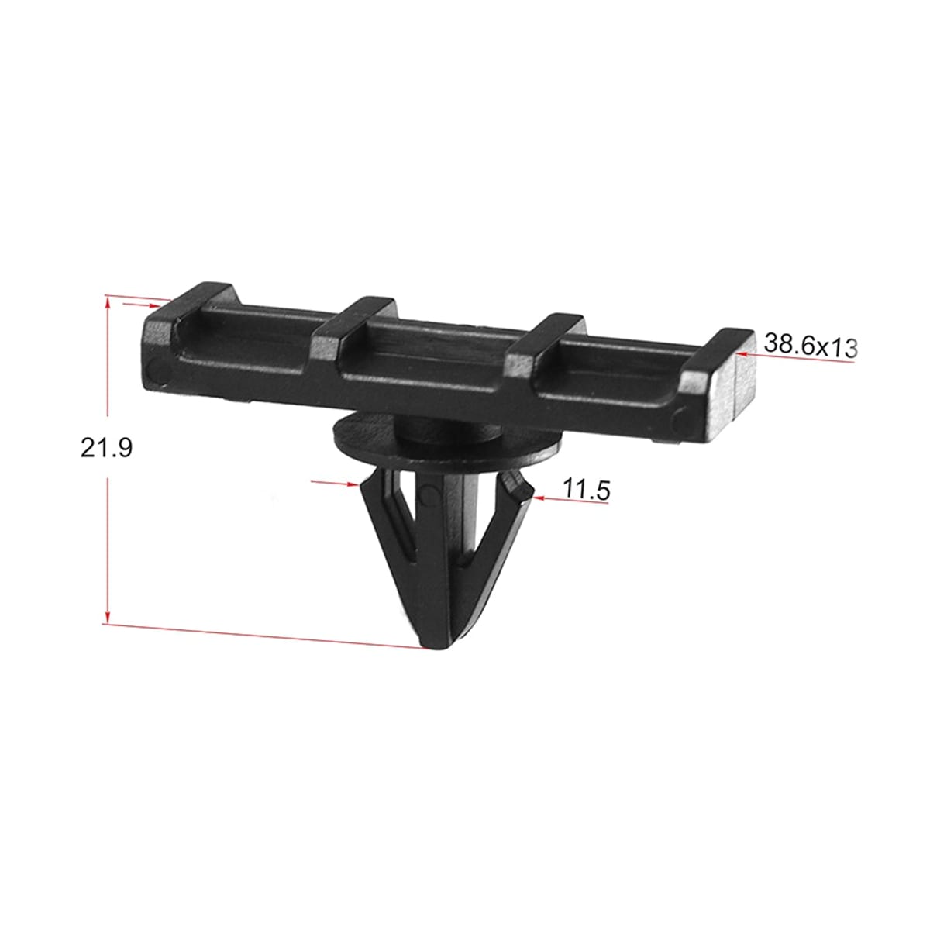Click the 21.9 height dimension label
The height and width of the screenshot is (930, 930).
click(x=106, y=449)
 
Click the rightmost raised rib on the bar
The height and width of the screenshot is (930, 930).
click(x=715, y=367)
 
